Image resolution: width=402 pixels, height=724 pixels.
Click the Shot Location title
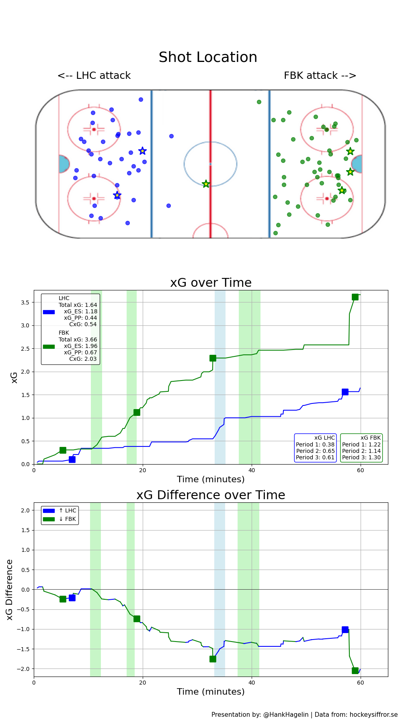pos(208,58)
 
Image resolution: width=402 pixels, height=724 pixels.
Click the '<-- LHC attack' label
pos(94,76)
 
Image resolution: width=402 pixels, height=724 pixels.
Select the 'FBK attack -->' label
pos(320,76)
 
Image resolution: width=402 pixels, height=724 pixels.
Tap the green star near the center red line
pos(206,184)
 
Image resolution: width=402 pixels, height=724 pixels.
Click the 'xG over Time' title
pos(211,283)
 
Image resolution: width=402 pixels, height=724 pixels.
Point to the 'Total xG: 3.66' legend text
pos(78,339)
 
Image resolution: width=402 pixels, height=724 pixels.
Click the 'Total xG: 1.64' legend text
pos(78,305)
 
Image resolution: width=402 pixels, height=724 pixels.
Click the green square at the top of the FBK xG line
pos(355,297)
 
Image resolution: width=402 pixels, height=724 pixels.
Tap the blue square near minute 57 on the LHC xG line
pos(345,392)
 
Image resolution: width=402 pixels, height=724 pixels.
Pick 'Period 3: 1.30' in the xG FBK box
pos(361,457)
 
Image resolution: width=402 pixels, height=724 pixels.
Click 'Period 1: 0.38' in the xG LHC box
pos(315,444)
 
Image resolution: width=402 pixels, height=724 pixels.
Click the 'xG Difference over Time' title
pos(211,495)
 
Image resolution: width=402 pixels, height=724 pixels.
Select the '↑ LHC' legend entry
pos(67,510)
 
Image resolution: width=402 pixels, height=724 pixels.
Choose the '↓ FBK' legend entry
pos(67,519)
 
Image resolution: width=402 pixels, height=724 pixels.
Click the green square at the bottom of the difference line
pos(355,671)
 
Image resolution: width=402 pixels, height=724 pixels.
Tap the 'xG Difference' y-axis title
pos(10,589)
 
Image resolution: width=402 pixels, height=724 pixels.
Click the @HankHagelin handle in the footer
pos(286,714)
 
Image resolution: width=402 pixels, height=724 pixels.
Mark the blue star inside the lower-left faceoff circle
pos(117,195)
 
